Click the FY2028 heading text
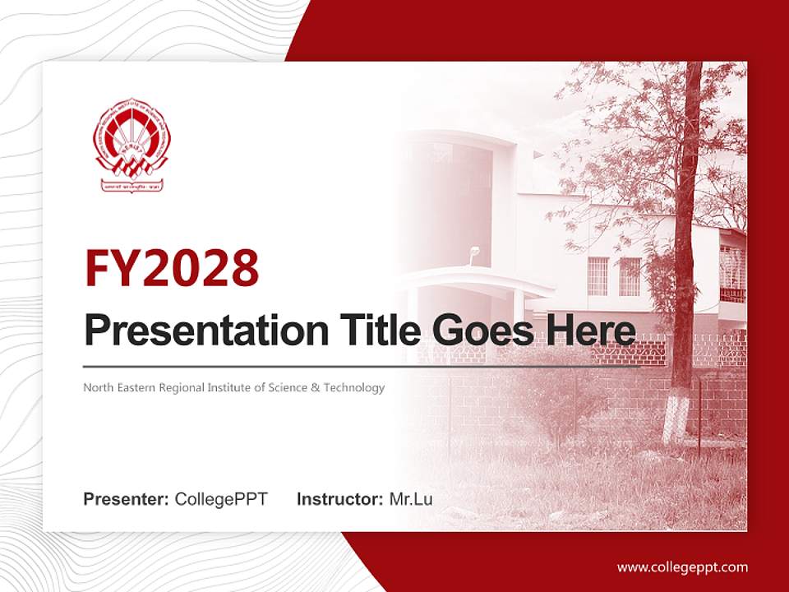click(x=172, y=267)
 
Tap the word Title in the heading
click(x=376, y=331)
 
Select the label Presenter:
click(x=126, y=499)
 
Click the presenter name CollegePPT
click(x=221, y=499)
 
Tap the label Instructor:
click(x=339, y=499)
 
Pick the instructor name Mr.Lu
click(x=411, y=499)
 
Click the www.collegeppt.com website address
click(x=682, y=567)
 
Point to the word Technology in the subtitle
click(x=353, y=387)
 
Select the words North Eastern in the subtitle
click(x=116, y=387)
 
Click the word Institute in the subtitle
click(x=226, y=387)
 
